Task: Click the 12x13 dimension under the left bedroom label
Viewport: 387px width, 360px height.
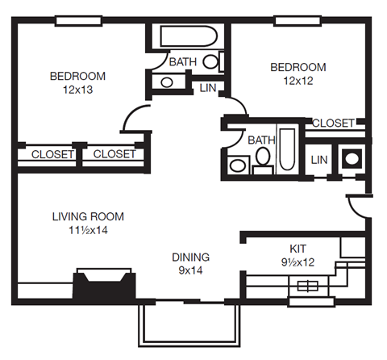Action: pyautogui.click(x=77, y=90)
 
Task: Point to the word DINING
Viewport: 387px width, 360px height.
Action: pyautogui.click(x=190, y=257)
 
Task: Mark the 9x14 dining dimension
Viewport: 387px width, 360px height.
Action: pyautogui.click(x=190, y=271)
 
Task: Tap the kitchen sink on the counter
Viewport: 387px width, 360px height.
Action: pyautogui.click(x=308, y=285)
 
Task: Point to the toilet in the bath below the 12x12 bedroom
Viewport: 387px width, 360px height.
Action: pyautogui.click(x=262, y=165)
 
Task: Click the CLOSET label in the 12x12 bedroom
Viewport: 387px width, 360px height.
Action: pyautogui.click(x=332, y=123)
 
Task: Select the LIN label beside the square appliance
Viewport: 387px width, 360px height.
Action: pyautogui.click(x=319, y=159)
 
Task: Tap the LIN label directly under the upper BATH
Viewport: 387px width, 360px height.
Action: pyautogui.click(x=207, y=87)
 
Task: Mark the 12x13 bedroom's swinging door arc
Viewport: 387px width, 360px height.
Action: pyautogui.click(x=134, y=119)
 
